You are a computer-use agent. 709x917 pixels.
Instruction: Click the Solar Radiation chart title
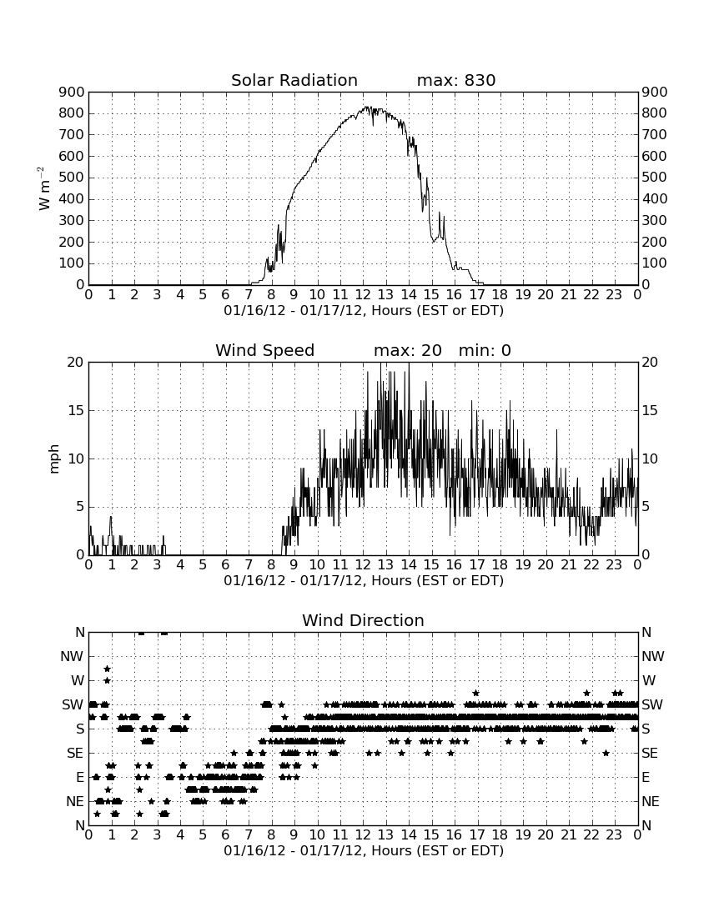[294, 80]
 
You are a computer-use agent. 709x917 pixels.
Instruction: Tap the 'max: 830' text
[456, 80]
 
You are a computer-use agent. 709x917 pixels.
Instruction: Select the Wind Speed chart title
[265, 350]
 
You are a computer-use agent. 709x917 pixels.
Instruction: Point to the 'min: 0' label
[485, 350]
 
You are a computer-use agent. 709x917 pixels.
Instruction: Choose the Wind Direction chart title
[363, 620]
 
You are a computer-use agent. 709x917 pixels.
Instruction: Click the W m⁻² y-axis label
[44, 188]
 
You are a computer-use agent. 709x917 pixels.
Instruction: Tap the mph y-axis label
[54, 458]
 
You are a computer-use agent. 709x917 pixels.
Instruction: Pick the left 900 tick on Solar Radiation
[72, 92]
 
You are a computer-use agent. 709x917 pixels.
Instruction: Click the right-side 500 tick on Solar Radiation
[654, 178]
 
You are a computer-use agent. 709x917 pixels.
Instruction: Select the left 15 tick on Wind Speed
[76, 410]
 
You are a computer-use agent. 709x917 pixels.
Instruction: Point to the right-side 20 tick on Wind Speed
[650, 362]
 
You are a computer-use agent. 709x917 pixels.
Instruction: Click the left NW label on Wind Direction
[73, 656]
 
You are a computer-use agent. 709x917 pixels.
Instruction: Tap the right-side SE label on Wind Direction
[650, 754]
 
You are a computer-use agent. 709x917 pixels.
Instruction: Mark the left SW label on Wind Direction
[73, 704]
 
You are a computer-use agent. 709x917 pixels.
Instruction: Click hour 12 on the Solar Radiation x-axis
[363, 294]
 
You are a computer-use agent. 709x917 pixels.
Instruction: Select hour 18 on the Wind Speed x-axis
[500, 564]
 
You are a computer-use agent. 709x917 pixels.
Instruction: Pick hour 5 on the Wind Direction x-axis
[203, 834]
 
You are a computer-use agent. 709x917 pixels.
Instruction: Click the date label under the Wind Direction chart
[364, 850]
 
